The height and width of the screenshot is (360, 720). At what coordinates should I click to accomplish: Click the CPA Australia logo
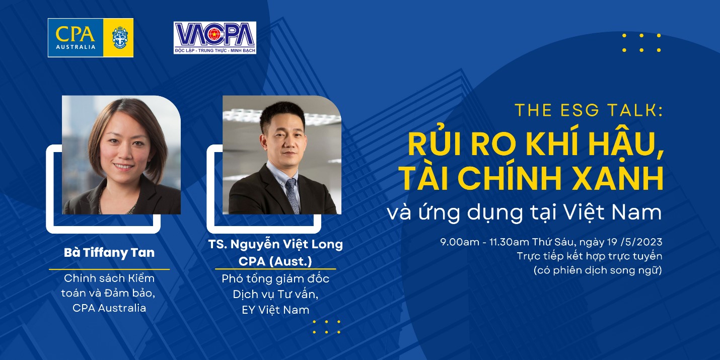[x=91, y=38]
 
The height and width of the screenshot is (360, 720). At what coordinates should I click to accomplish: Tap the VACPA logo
[x=215, y=38]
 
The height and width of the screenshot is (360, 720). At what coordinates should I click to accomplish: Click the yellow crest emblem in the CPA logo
[x=119, y=38]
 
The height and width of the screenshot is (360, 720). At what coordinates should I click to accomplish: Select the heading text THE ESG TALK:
[x=589, y=110]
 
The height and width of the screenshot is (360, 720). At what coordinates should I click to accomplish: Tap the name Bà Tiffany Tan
[x=109, y=253]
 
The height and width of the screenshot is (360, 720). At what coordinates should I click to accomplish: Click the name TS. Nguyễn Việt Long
[x=275, y=245]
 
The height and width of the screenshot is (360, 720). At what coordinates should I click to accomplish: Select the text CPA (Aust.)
[x=275, y=261]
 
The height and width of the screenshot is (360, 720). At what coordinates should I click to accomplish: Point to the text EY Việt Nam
[x=275, y=310]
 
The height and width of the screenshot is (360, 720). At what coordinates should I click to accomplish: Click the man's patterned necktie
[x=293, y=196]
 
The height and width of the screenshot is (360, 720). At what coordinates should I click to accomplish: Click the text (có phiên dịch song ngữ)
[x=598, y=270]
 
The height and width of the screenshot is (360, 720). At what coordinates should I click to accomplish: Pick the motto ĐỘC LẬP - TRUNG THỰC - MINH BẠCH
[x=215, y=50]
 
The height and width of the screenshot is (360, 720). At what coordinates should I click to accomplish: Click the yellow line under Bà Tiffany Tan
[x=109, y=269]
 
